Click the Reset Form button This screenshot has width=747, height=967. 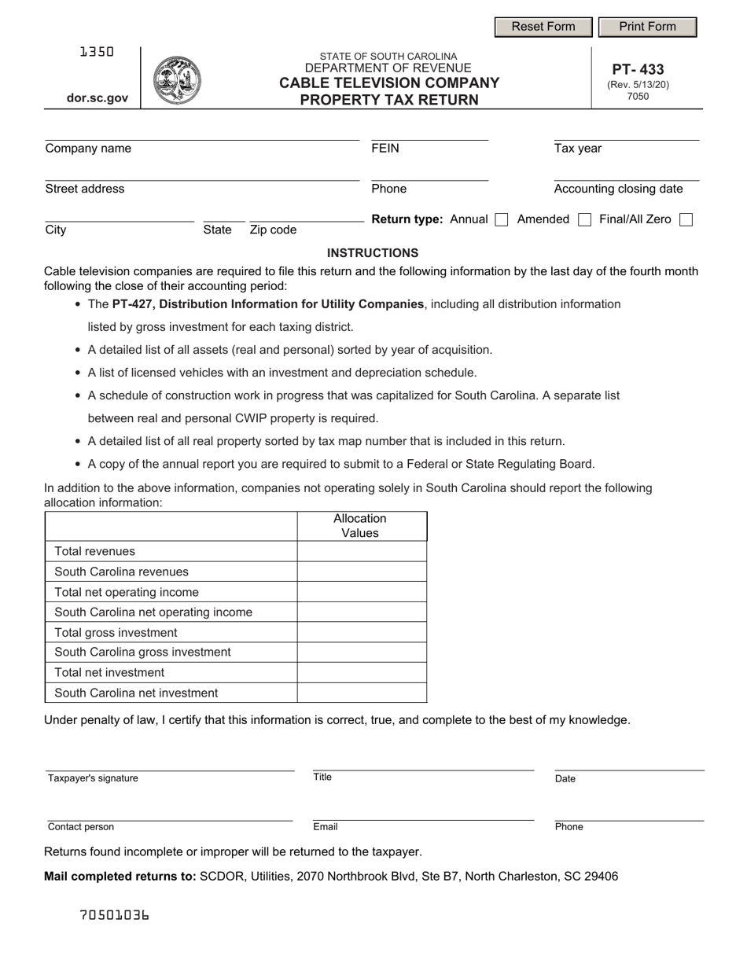[x=543, y=27]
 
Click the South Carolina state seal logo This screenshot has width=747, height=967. [x=177, y=80]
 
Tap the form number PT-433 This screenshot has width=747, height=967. [x=638, y=69]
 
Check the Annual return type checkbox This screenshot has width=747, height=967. [x=502, y=220]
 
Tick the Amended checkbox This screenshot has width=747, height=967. [x=584, y=220]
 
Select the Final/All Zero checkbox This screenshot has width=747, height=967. [x=686, y=220]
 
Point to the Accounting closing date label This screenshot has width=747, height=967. [x=618, y=189]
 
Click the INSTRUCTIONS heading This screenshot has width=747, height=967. [x=373, y=253]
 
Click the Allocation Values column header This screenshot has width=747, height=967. [x=361, y=526]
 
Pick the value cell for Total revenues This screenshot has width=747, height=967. [x=362, y=551]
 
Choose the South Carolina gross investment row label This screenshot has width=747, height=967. [x=142, y=652]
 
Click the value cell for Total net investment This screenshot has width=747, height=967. [x=362, y=672]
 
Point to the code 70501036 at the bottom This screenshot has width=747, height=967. [x=115, y=915]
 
